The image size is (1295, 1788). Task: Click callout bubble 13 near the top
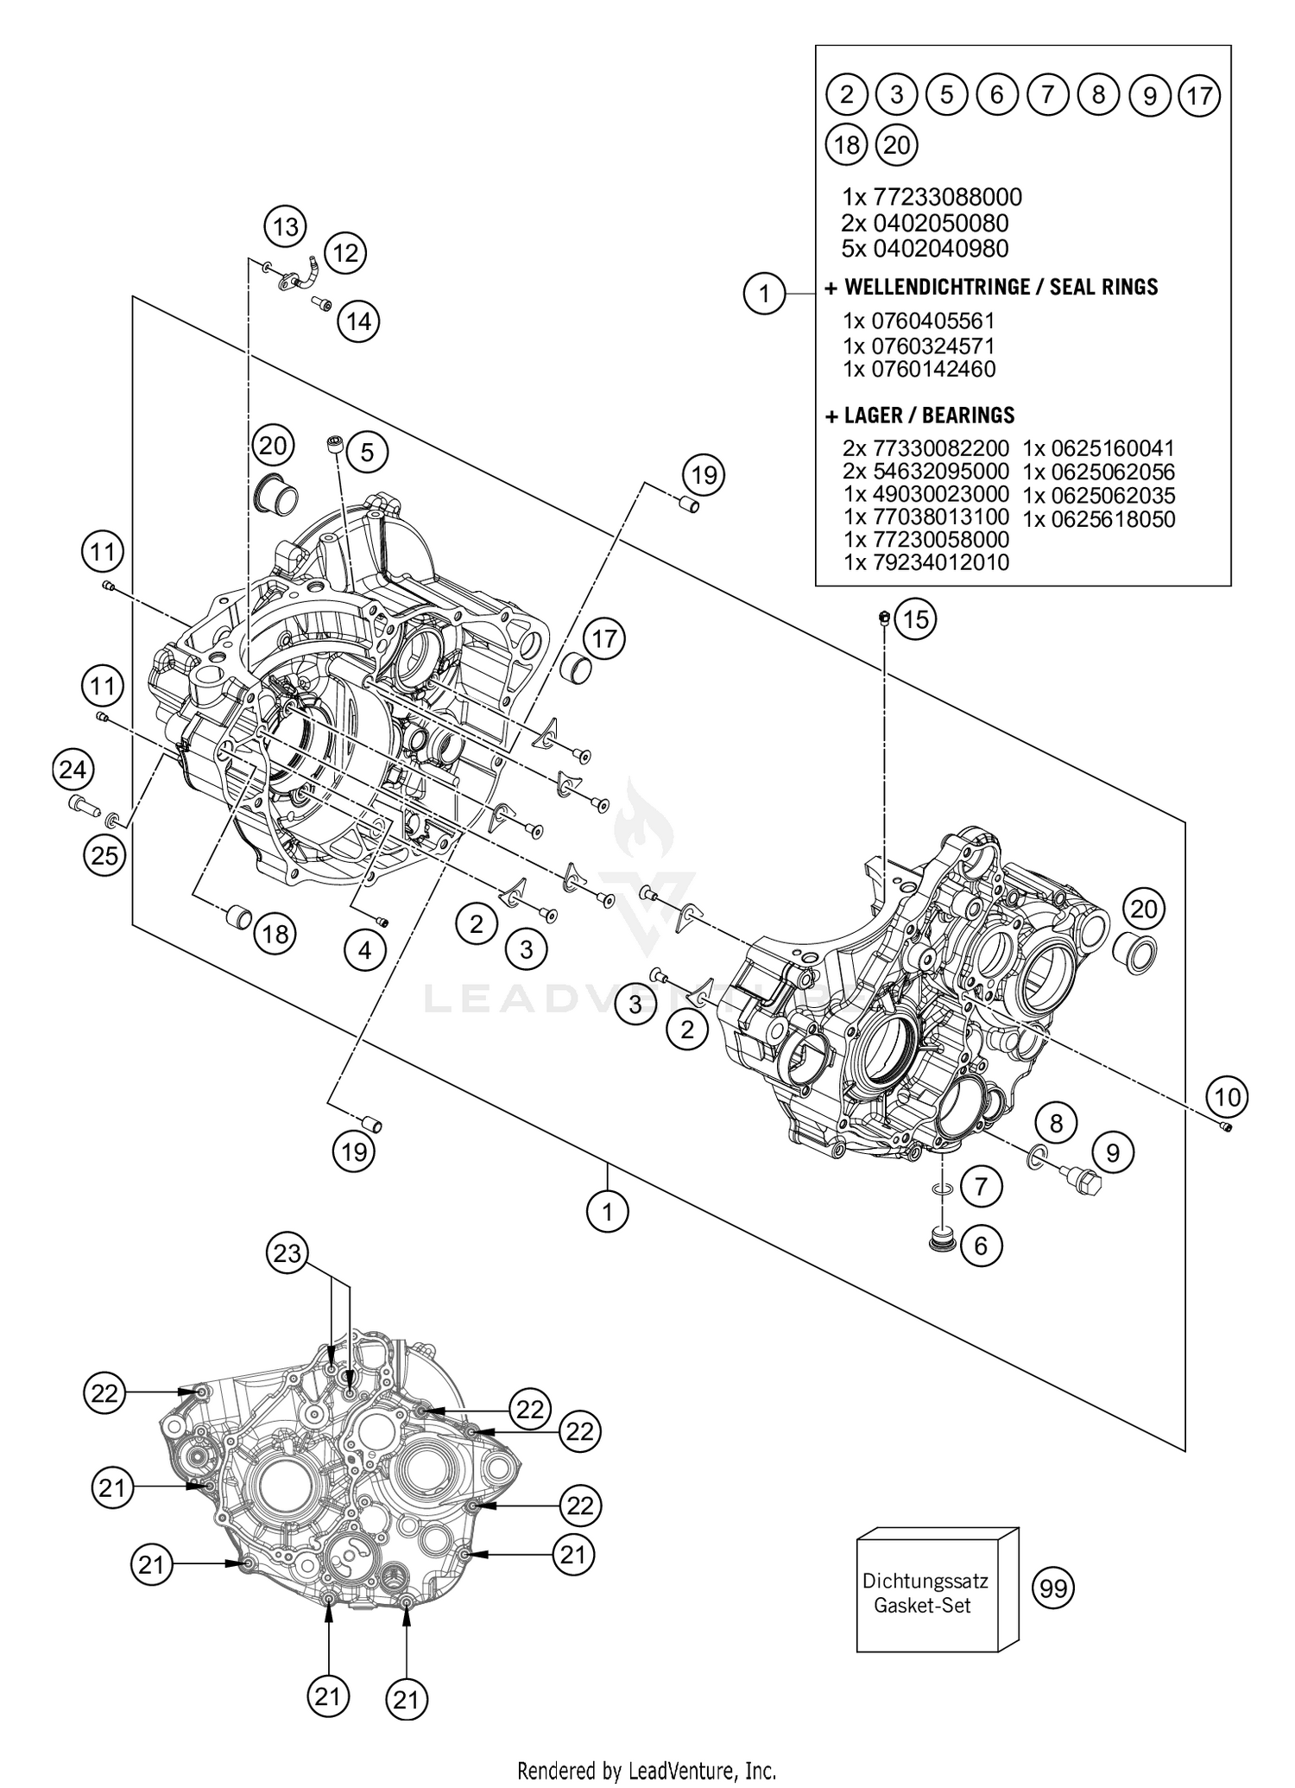coord(285,227)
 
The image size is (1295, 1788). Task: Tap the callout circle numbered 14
coord(358,321)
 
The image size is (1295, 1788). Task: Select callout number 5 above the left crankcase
coord(367,452)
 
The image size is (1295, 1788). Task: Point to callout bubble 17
coord(604,639)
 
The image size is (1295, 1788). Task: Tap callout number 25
coord(104,855)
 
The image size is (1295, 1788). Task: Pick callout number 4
coord(364,950)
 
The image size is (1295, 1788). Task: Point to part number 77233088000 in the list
coord(932,197)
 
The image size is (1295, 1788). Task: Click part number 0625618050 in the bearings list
coord(1098,519)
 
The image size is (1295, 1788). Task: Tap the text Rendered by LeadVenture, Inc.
coord(647,1771)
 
